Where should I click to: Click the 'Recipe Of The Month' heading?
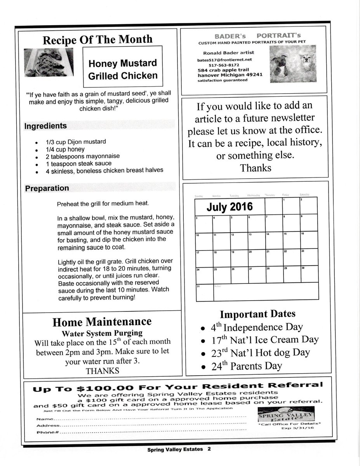click(x=97, y=40)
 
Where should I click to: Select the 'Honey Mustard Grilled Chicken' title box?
click(x=123, y=69)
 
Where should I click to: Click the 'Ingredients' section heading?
click(x=45, y=126)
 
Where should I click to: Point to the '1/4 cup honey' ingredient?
click(x=65, y=149)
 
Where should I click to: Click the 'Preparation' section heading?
click(x=47, y=188)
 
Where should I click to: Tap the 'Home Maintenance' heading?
click(x=102, y=322)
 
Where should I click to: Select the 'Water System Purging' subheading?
click(x=102, y=333)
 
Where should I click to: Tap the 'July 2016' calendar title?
click(x=229, y=207)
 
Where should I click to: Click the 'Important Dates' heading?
click(x=257, y=314)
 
